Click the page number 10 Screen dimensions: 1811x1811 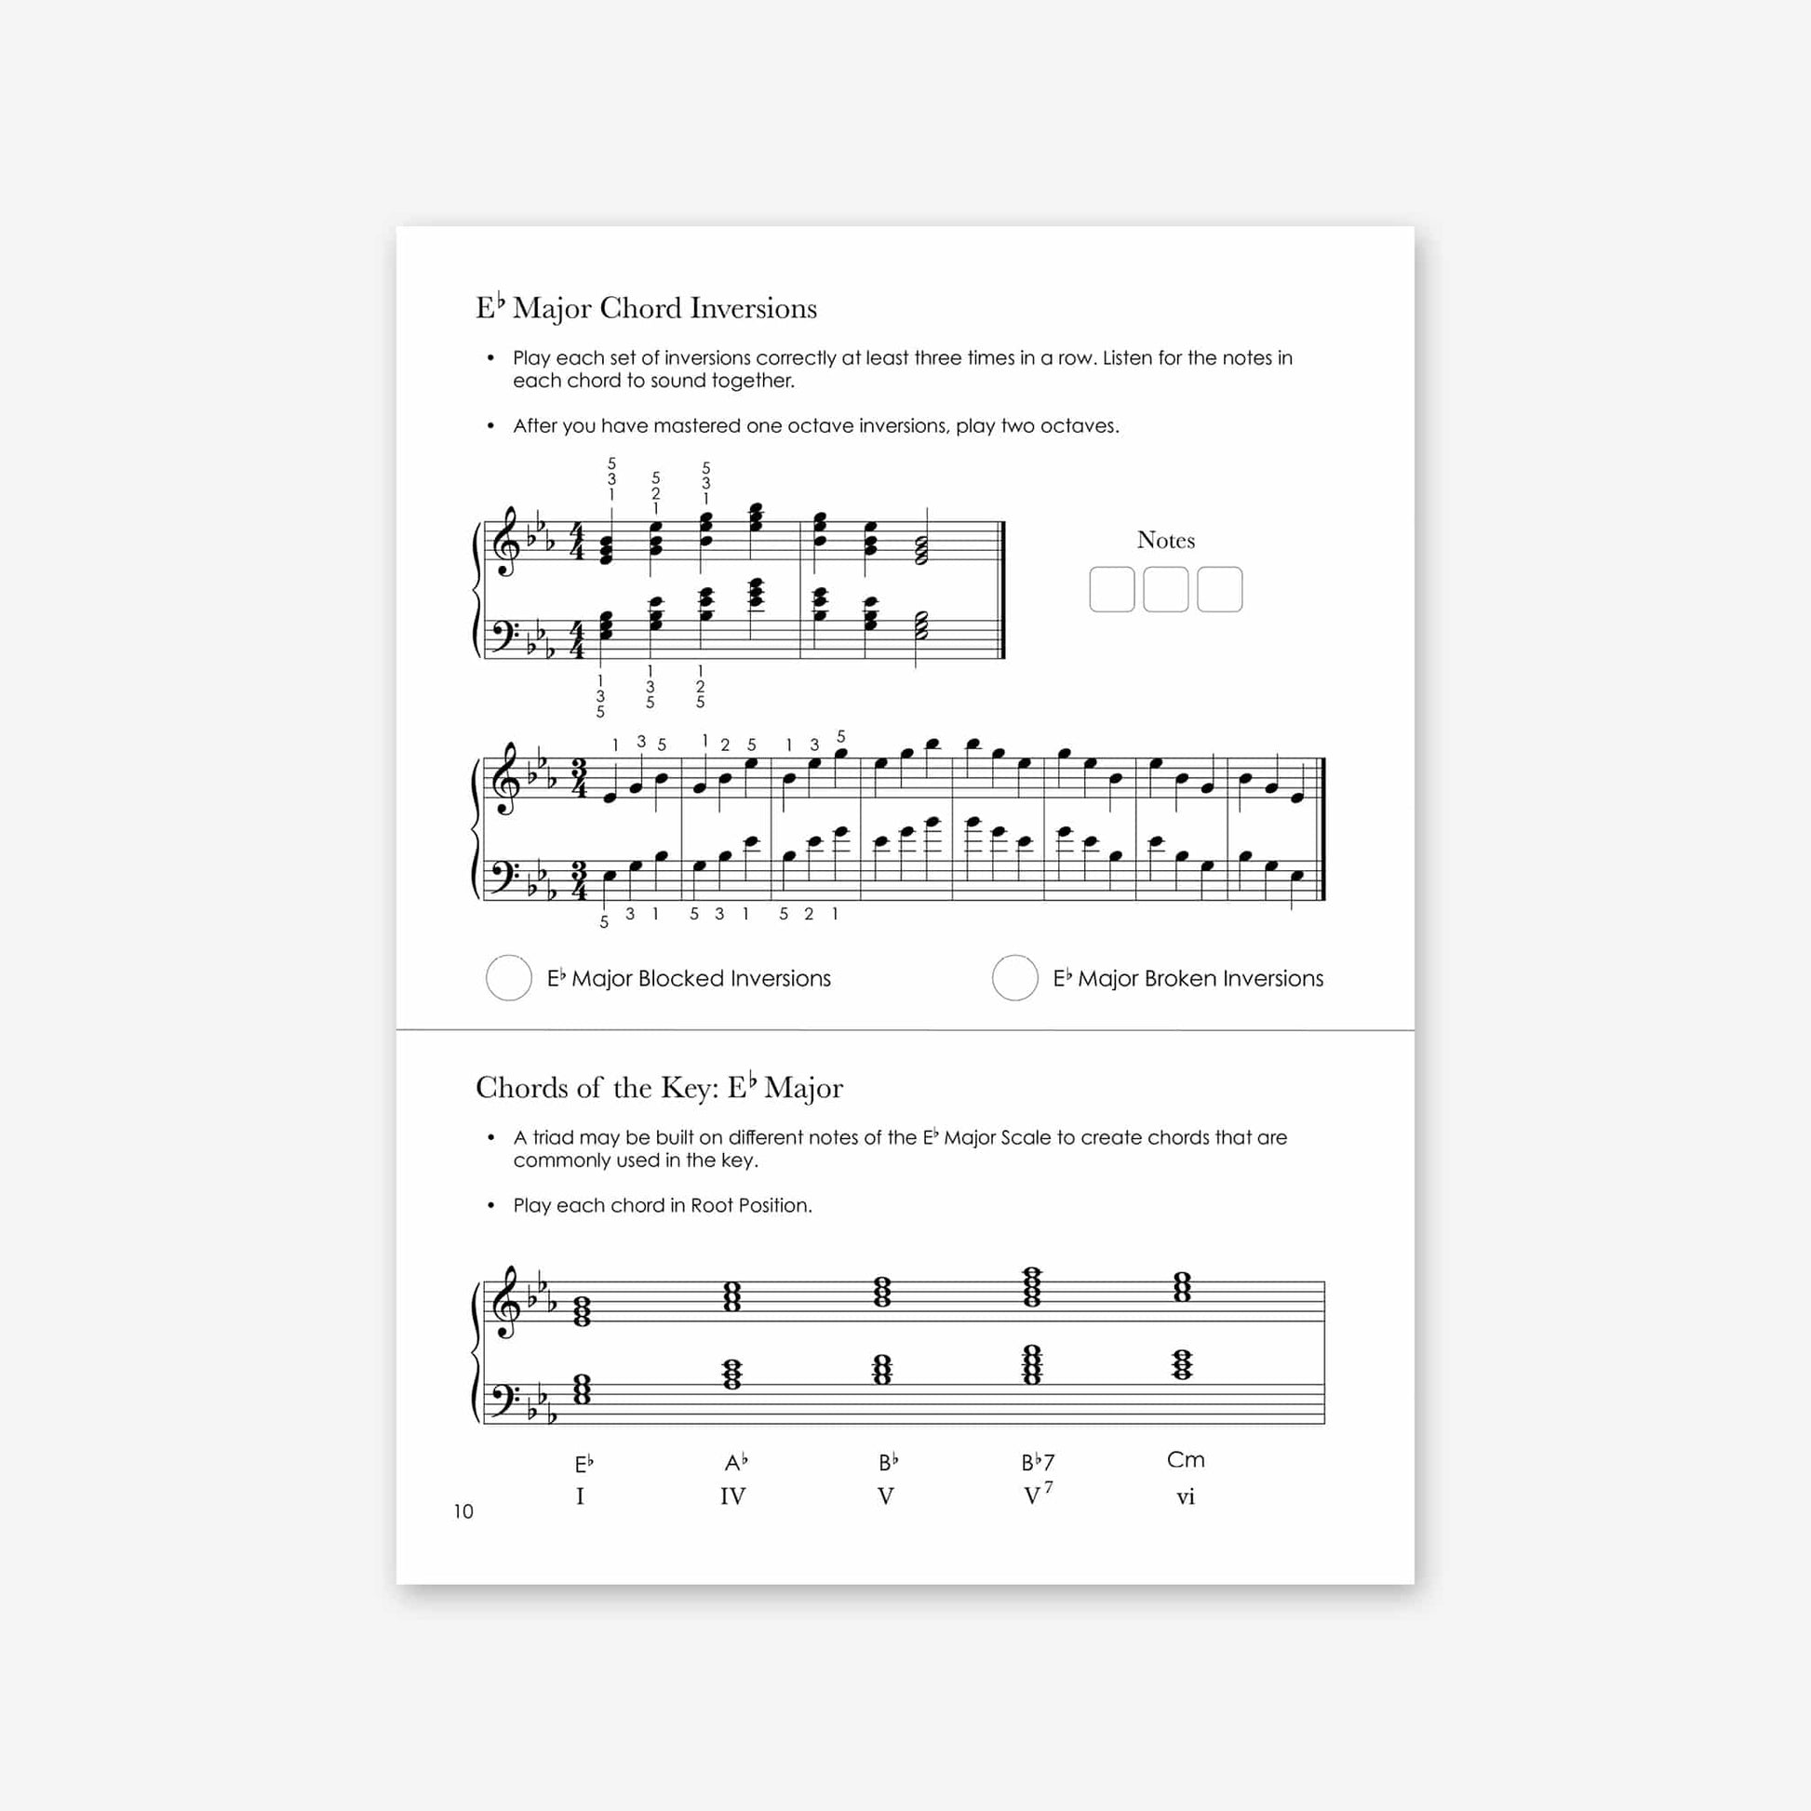[463, 1511]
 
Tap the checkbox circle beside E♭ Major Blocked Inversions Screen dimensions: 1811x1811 [509, 978]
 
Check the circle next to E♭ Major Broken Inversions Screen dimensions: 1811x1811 [1014, 978]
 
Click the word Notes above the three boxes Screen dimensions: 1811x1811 [1165, 540]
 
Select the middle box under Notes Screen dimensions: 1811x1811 [1165, 590]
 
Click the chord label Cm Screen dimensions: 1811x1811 [1186, 1459]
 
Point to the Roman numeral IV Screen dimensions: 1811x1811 [732, 1496]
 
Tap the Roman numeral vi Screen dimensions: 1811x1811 [1186, 1497]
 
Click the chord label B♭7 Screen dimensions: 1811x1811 [1038, 1462]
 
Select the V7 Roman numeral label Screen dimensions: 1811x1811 [1037, 1496]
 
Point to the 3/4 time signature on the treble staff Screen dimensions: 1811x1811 [579, 779]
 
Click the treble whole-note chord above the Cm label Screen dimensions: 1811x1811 [1182, 1287]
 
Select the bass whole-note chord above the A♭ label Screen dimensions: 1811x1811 [732, 1375]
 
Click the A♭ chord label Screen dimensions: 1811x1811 [736, 1462]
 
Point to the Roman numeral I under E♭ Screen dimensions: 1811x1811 [580, 1497]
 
